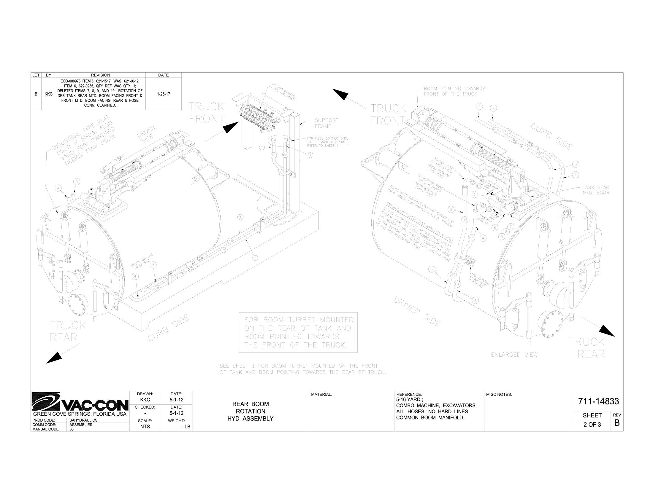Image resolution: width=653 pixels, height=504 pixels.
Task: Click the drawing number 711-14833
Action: [598, 401]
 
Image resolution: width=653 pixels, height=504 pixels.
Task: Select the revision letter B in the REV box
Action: [616, 423]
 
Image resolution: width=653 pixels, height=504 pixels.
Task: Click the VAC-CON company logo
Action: [80, 401]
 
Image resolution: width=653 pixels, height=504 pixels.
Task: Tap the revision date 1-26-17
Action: [163, 94]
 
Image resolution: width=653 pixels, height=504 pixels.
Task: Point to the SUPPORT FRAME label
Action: [326, 123]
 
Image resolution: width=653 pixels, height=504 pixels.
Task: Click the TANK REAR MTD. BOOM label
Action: [596, 190]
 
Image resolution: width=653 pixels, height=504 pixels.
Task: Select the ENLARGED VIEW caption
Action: [514, 355]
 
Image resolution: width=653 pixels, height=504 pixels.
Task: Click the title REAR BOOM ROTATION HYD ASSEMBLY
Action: [250, 411]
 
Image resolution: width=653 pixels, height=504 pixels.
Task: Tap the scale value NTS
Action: [145, 427]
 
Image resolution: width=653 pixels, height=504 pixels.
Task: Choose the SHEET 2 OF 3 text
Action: [592, 420]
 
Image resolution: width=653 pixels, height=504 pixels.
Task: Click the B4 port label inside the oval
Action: [274, 140]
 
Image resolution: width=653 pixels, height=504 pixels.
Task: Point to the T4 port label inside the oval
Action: [286, 140]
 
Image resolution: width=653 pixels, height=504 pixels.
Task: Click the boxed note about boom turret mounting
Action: [298, 332]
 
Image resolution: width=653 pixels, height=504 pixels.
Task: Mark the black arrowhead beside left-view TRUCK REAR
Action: [54, 358]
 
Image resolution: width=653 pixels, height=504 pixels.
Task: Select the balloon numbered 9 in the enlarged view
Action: [502, 237]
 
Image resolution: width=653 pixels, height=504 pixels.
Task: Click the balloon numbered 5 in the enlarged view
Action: [474, 194]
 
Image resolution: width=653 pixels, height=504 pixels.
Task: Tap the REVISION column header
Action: [100, 75]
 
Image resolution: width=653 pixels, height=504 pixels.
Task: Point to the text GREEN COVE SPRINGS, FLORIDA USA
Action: [80, 414]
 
